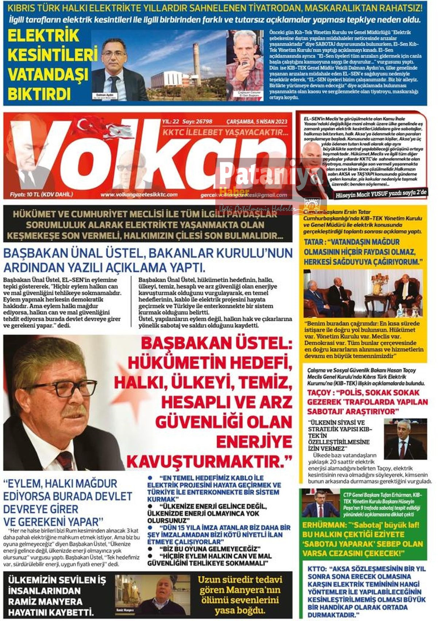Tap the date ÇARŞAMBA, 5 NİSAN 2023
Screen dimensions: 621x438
point(257,122)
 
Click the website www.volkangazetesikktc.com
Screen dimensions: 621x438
point(139,195)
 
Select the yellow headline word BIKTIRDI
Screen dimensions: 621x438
point(39,94)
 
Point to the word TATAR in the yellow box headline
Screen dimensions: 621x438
point(314,242)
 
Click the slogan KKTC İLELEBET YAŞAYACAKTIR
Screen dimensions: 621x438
point(225,132)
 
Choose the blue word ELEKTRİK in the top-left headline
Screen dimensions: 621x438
point(43,36)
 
